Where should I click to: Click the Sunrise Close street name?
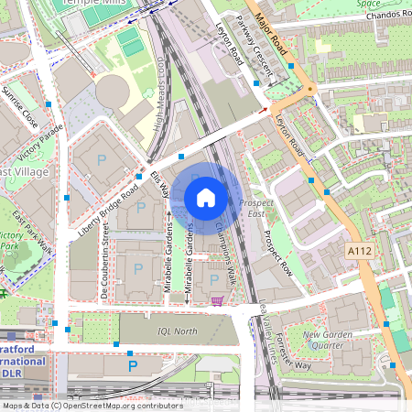(20, 108)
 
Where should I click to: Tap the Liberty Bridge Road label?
(107, 199)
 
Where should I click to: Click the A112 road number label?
(361, 249)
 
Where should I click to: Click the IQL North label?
(176, 331)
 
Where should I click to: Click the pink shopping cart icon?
(217, 300)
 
